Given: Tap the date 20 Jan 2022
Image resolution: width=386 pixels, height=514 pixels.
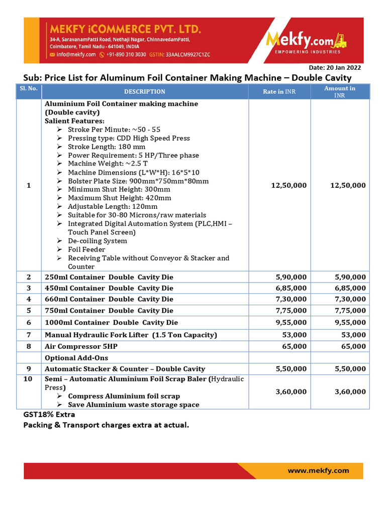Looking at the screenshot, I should [x=335, y=68].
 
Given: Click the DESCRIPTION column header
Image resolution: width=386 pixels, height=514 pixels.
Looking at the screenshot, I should [x=145, y=91].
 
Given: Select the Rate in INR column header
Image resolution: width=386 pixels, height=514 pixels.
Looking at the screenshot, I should [x=279, y=91].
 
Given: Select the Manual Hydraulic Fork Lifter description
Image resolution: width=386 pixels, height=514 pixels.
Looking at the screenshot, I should [x=131, y=335].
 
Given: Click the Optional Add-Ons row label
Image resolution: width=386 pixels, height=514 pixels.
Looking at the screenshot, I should [x=76, y=358].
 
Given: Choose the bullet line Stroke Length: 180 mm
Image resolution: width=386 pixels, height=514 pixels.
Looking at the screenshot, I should [x=107, y=147].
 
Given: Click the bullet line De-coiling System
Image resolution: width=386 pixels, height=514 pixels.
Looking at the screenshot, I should [x=98, y=241].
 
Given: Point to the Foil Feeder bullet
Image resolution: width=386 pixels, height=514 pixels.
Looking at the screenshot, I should [x=86, y=249].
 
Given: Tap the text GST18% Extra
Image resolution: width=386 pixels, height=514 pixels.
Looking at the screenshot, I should [x=49, y=415].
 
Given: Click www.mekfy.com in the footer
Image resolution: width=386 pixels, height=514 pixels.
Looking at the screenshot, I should [x=318, y=470].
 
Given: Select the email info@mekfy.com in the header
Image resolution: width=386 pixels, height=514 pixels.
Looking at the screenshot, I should [x=76, y=54].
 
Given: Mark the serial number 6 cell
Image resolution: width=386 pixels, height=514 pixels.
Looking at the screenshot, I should [x=29, y=322].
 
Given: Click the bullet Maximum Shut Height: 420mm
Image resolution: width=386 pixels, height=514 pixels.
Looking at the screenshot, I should [x=120, y=198].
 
